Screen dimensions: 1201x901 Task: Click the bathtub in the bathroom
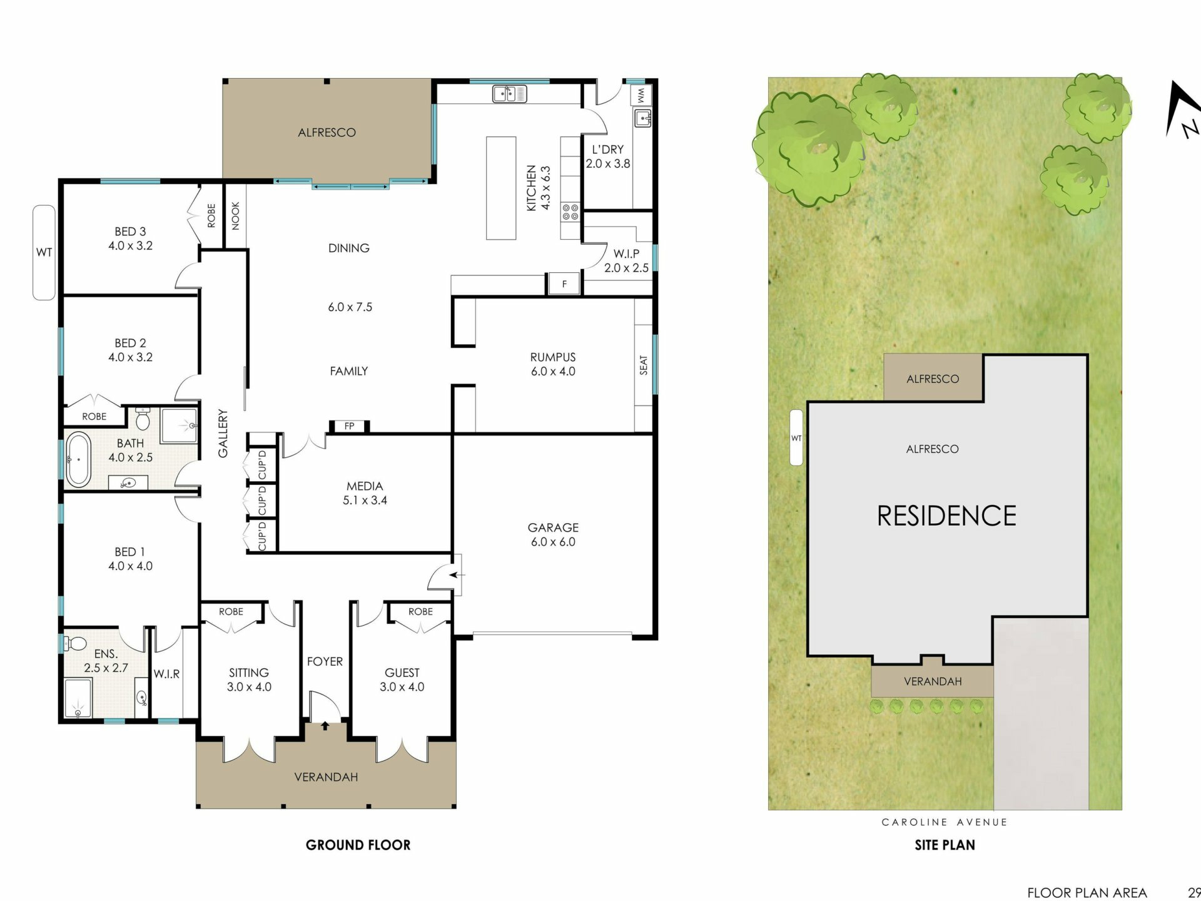coord(79,459)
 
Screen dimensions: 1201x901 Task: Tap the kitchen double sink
coord(510,94)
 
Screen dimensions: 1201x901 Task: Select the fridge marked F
coord(564,284)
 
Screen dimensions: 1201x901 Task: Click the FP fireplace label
coord(350,426)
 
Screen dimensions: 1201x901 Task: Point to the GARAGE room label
coord(553,527)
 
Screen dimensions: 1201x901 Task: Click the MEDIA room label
coord(365,486)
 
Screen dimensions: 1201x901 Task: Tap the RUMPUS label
coord(553,357)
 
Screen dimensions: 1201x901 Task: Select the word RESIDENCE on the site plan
coord(946,516)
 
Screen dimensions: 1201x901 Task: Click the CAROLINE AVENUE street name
coord(945,822)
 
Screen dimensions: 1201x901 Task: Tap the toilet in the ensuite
coord(76,643)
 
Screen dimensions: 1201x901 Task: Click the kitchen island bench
coord(501,188)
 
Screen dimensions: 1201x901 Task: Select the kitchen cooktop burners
coord(570,212)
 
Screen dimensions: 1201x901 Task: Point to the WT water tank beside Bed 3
coord(44,253)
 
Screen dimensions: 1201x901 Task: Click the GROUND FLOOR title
coord(358,845)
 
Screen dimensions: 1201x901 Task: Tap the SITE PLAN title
coord(945,845)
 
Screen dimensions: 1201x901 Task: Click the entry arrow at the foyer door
coord(325,726)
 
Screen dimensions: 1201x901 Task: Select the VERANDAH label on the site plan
coord(933,681)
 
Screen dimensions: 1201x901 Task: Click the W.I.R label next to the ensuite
coord(166,674)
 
